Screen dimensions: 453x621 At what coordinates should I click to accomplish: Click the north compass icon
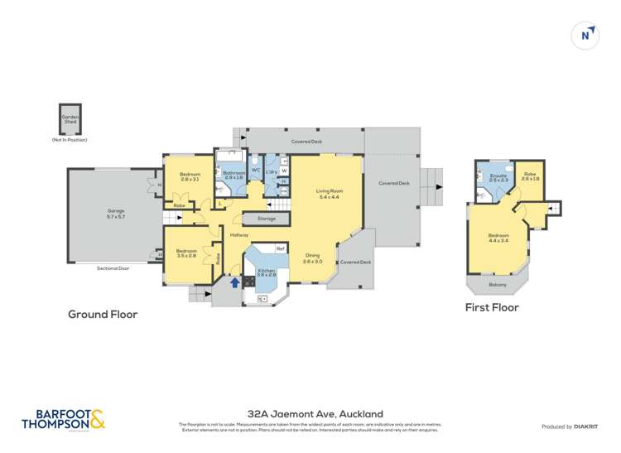click(x=586, y=36)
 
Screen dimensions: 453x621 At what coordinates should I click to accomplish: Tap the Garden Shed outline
click(x=70, y=119)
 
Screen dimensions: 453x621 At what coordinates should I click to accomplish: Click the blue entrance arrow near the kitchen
click(x=234, y=282)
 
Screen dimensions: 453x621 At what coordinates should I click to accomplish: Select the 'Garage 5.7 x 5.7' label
click(x=115, y=214)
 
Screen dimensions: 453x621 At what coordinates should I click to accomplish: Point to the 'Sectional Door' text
click(x=113, y=268)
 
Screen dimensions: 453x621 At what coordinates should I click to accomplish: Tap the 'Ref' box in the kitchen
click(x=280, y=248)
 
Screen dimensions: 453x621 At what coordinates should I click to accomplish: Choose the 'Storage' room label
click(x=266, y=219)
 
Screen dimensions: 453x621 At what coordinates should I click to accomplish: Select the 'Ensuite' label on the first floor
click(x=498, y=177)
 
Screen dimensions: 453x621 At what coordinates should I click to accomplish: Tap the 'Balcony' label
click(x=497, y=285)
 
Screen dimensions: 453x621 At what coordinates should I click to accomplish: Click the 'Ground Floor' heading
click(x=103, y=315)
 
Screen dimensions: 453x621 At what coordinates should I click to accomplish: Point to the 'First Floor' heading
click(x=492, y=307)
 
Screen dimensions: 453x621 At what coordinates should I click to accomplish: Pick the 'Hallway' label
click(x=239, y=234)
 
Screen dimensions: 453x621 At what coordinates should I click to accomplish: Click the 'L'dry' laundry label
click(x=271, y=171)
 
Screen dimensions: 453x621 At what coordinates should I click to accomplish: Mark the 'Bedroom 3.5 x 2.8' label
click(x=186, y=253)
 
